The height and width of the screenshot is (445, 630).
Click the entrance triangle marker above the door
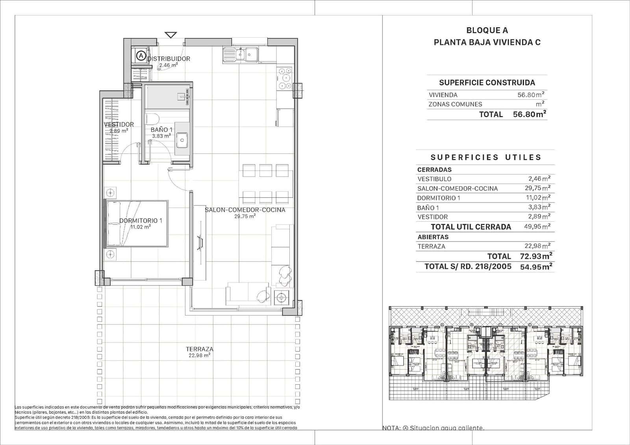point(170,35)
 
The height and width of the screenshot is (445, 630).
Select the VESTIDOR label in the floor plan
point(119,124)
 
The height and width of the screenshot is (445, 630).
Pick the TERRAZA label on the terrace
point(200,349)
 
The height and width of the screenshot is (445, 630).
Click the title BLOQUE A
point(487,30)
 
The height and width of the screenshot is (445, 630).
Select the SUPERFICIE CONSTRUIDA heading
point(487,83)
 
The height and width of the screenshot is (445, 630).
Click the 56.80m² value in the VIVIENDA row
point(531,95)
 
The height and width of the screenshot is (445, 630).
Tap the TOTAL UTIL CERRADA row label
point(471,227)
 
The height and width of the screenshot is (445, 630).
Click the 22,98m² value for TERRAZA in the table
point(537,246)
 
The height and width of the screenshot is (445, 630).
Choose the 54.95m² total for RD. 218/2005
point(536,267)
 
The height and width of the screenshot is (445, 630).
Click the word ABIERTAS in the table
point(433,237)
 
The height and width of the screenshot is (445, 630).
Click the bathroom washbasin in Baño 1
point(182,139)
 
